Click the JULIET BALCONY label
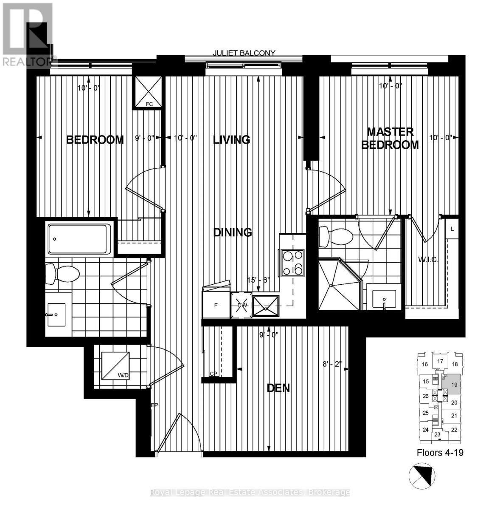click(x=244, y=53)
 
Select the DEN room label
click(x=278, y=388)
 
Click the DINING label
click(x=233, y=232)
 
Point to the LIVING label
click(x=231, y=139)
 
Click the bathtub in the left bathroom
click(x=79, y=239)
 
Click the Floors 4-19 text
click(x=440, y=453)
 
